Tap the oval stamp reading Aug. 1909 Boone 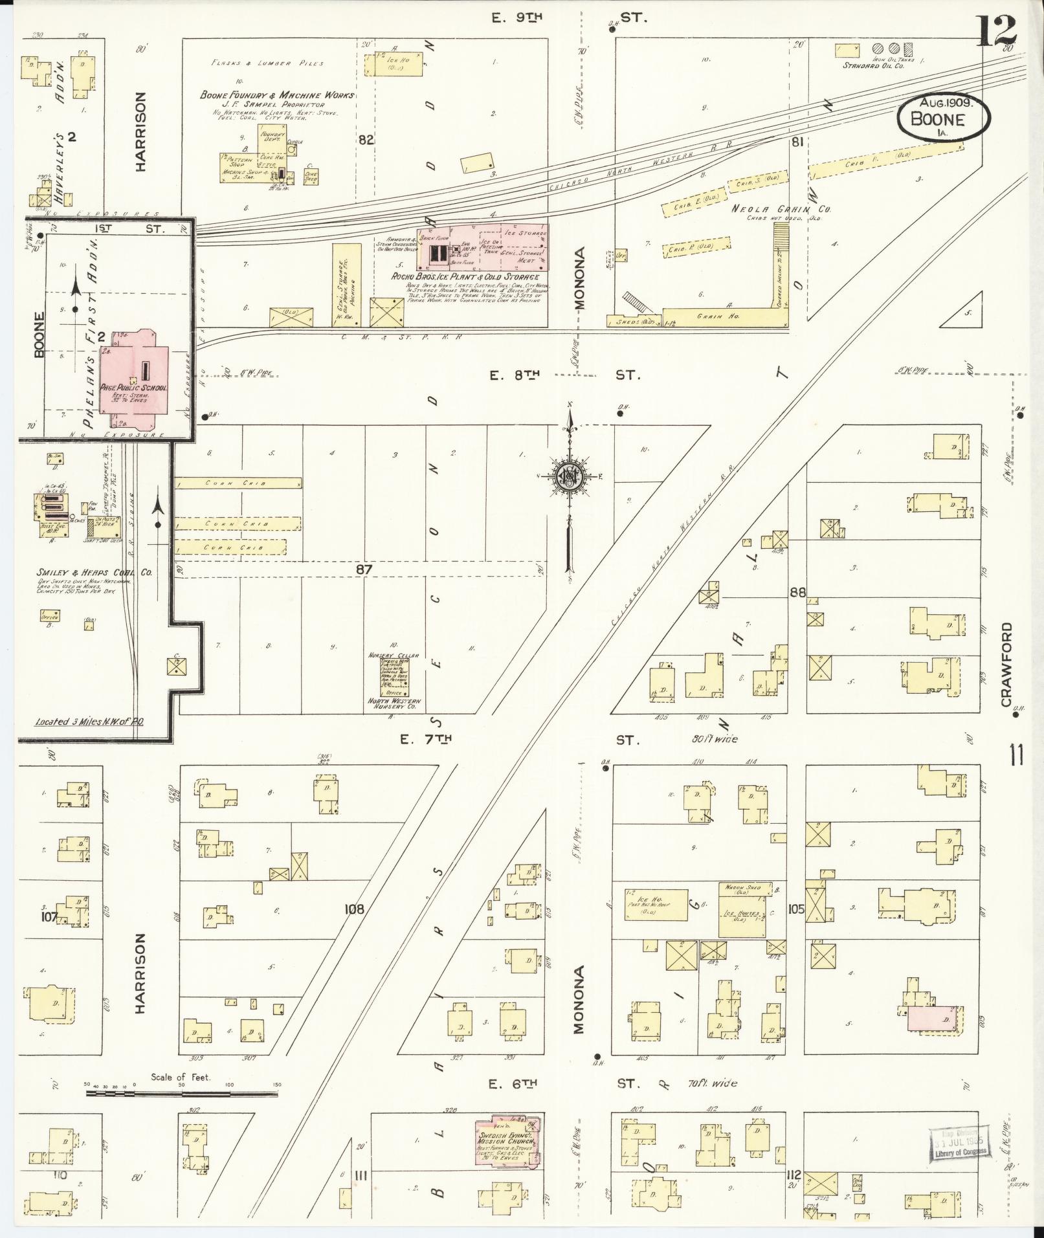click(x=943, y=118)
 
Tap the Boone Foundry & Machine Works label click(x=277, y=95)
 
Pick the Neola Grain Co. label click(x=781, y=209)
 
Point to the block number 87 click(x=365, y=569)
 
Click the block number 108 click(x=355, y=909)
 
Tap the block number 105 click(x=796, y=909)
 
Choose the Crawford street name click(x=1005, y=665)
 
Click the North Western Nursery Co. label click(x=394, y=704)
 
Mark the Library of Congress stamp click(x=961, y=1145)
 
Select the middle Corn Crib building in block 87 click(x=237, y=523)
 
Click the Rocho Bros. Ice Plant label click(x=465, y=277)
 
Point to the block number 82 click(x=366, y=139)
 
